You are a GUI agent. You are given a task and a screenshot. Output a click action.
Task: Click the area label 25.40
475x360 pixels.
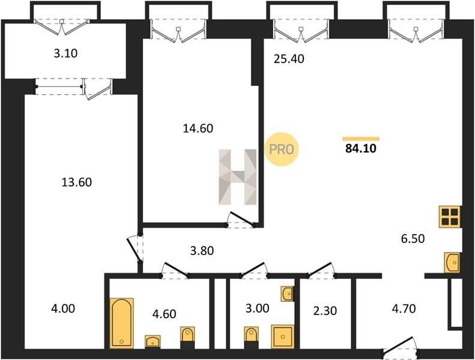pos(289,59)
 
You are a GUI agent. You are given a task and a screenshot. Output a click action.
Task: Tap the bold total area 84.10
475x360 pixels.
pos(360,148)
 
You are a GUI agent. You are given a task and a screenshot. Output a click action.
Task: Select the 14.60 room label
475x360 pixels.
pos(198,128)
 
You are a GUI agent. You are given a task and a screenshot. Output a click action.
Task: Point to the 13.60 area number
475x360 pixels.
pos(76,182)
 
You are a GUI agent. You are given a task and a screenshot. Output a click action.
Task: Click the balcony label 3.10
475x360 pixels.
pos(65,53)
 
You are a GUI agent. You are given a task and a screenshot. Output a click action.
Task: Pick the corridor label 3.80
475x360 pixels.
pos(202,251)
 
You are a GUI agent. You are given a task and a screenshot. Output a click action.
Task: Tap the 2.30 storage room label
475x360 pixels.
pos(325,311)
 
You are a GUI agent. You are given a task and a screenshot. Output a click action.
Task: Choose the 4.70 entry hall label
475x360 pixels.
pos(404,309)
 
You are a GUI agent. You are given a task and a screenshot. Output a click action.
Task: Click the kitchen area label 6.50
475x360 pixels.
pos(413,239)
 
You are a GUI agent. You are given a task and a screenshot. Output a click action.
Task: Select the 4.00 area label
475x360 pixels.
pos(63,309)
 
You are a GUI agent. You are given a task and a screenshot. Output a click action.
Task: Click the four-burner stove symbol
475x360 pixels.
pos(450,217)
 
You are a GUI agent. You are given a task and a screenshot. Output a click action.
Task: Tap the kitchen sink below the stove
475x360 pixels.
pos(453,263)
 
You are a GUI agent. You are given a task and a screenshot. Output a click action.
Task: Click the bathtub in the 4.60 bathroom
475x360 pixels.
pos(121,323)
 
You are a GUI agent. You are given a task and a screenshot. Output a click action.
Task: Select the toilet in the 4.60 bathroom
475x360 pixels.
pos(187,337)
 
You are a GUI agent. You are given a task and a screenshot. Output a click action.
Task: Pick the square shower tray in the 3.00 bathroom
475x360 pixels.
pos(282,337)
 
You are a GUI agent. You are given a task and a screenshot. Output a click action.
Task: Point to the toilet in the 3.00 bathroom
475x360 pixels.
pos(251,337)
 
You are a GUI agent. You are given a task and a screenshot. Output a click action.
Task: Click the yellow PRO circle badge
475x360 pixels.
pos(282,149)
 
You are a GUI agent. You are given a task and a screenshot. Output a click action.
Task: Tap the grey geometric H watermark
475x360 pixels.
pos(238,177)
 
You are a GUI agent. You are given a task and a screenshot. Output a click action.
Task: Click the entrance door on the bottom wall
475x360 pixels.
pos(400,346)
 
